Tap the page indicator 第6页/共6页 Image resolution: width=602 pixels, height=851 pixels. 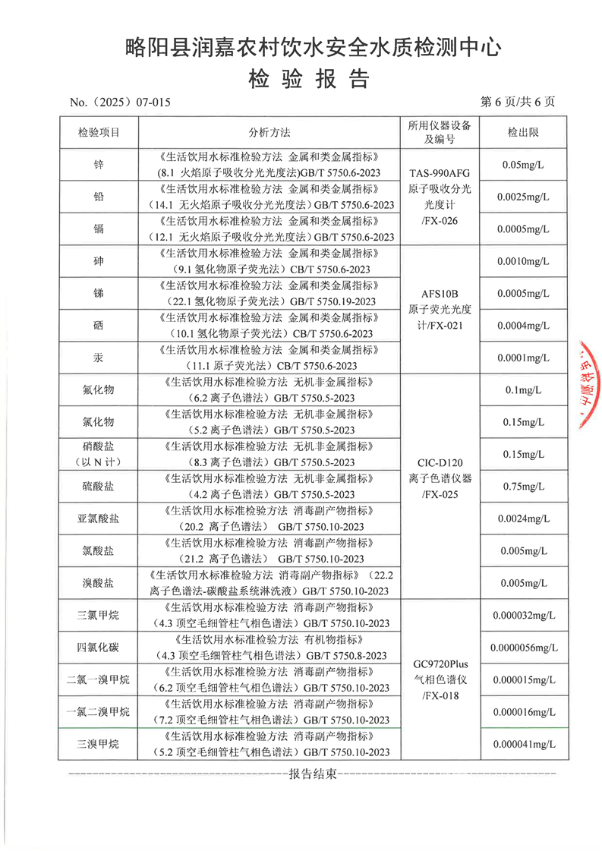point(518,101)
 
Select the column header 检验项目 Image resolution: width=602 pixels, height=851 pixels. point(99,132)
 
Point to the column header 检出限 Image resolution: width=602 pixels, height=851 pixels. point(523,132)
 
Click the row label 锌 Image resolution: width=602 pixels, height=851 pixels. point(99,164)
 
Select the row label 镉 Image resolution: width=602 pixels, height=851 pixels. point(99,229)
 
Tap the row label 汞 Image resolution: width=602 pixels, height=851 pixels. point(99,358)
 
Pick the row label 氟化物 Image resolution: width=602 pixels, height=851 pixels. point(99,389)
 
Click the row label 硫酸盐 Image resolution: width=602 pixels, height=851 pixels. point(99,487)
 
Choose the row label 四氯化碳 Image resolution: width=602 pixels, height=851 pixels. point(99,648)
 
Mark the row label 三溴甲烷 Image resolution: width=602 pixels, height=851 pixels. point(99,744)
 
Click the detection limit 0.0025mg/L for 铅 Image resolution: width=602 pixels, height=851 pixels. point(523,197)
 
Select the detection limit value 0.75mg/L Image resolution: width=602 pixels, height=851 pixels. point(523,487)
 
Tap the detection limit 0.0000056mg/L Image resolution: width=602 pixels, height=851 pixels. point(524,648)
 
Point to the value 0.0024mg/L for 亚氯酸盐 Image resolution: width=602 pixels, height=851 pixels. point(523,518)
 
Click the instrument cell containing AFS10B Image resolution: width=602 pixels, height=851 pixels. point(440,309)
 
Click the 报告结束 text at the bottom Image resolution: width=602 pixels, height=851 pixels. point(311,775)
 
